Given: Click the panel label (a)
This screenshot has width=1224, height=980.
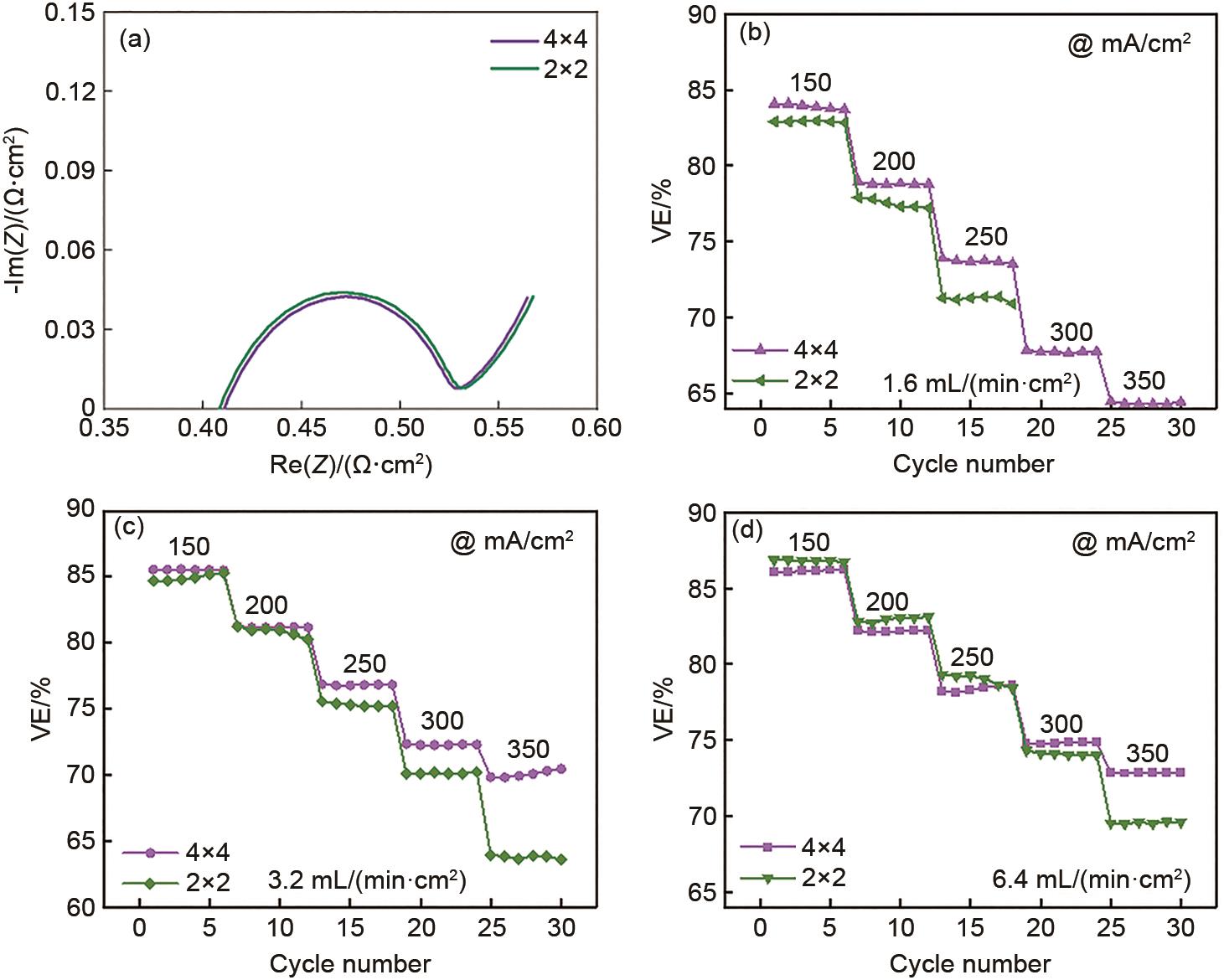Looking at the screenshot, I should click(135, 39).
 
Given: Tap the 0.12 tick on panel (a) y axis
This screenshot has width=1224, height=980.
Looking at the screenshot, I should click(70, 91).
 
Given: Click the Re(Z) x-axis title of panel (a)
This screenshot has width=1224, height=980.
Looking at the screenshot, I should click(350, 464).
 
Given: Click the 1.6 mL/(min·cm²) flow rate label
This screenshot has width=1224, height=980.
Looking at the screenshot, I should click(981, 384).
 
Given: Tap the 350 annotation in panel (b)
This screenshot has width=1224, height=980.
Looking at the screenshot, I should click(1144, 381).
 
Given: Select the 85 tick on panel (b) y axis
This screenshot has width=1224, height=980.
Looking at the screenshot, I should click(702, 90).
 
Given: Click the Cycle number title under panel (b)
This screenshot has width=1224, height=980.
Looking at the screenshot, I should click(973, 464).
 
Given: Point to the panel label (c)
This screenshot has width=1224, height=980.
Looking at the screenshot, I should click(129, 527).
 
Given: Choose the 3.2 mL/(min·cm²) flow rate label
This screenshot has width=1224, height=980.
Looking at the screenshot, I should click(367, 880).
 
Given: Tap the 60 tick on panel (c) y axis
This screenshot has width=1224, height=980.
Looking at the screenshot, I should click(81, 907).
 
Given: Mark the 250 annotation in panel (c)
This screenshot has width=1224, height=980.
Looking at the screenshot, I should click(364, 664).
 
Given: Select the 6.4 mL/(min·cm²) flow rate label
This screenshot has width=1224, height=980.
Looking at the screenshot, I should click(1091, 879).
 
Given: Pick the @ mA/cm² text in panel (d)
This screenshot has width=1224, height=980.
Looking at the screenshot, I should click(1133, 543).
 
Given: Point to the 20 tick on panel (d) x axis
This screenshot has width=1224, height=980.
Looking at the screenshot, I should click(1041, 928).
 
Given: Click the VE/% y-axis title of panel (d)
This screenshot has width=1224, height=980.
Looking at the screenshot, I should click(663, 708).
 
